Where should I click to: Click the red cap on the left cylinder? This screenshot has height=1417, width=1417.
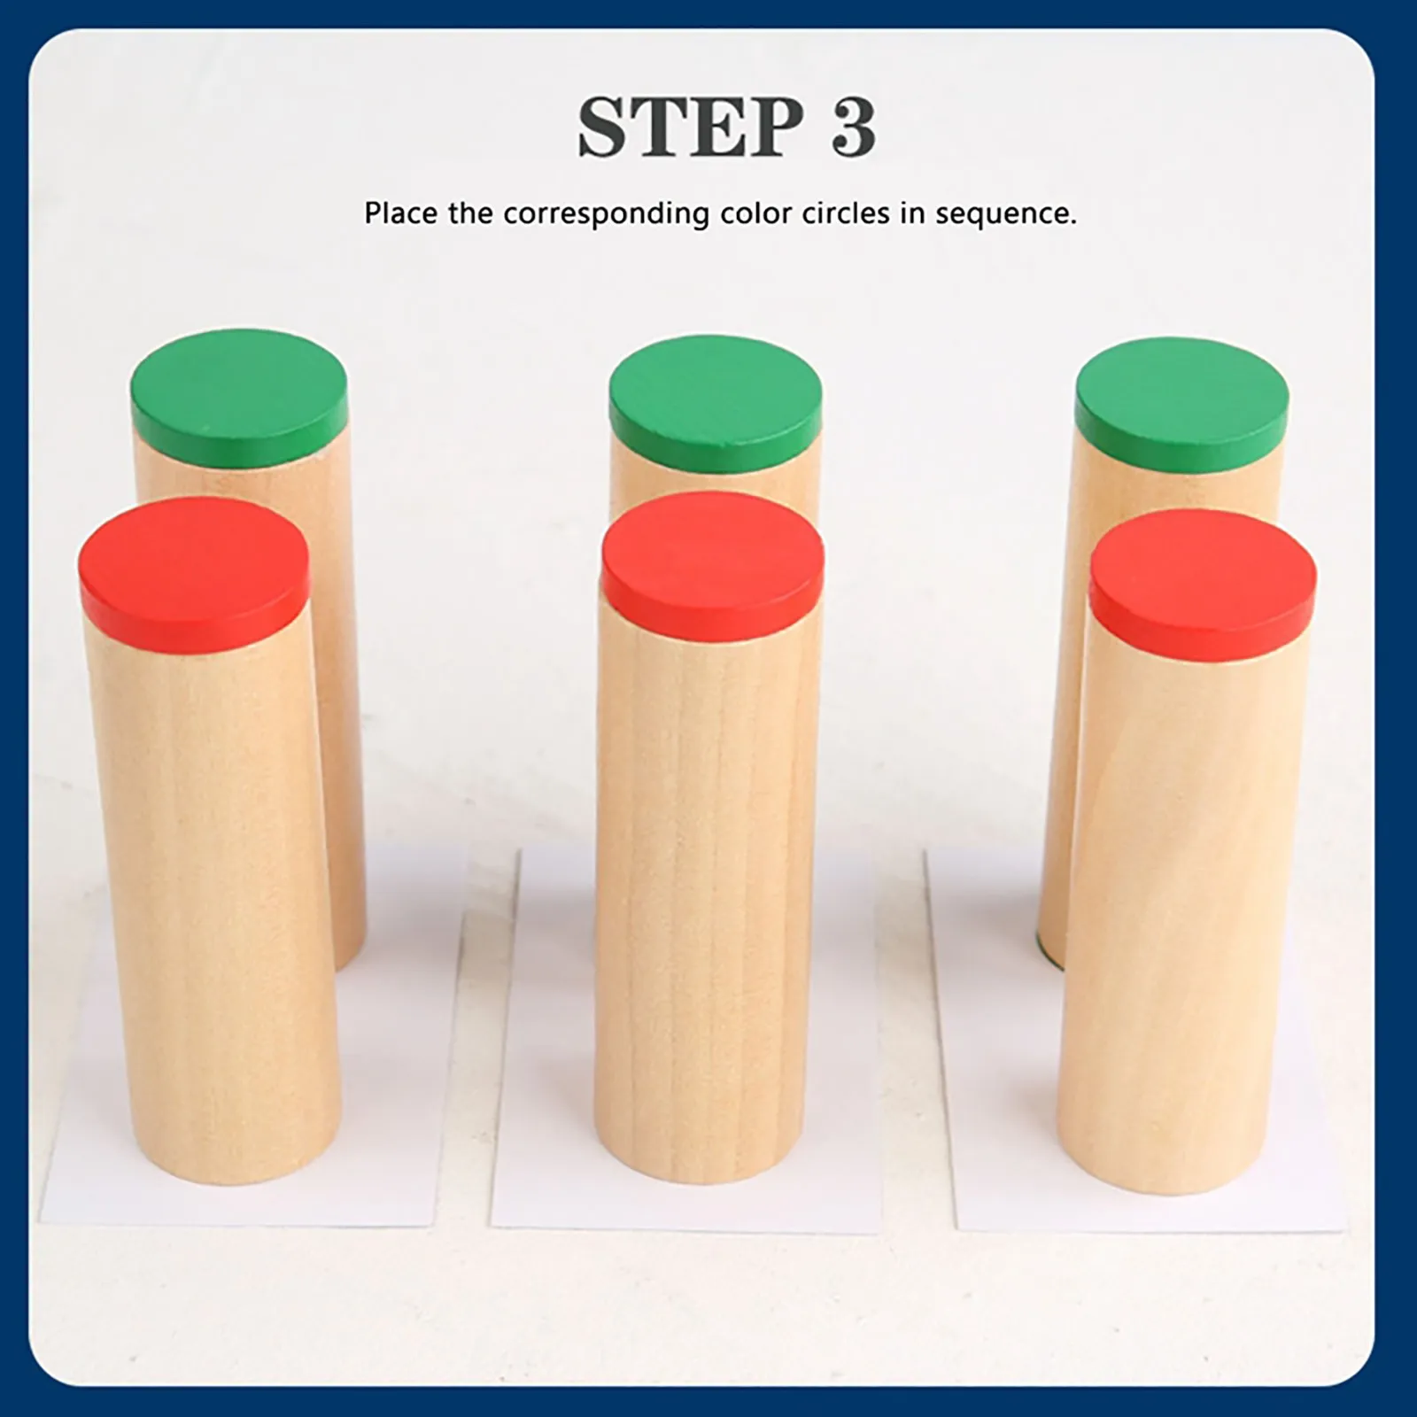193,560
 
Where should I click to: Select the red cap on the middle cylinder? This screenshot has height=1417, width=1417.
712,556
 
